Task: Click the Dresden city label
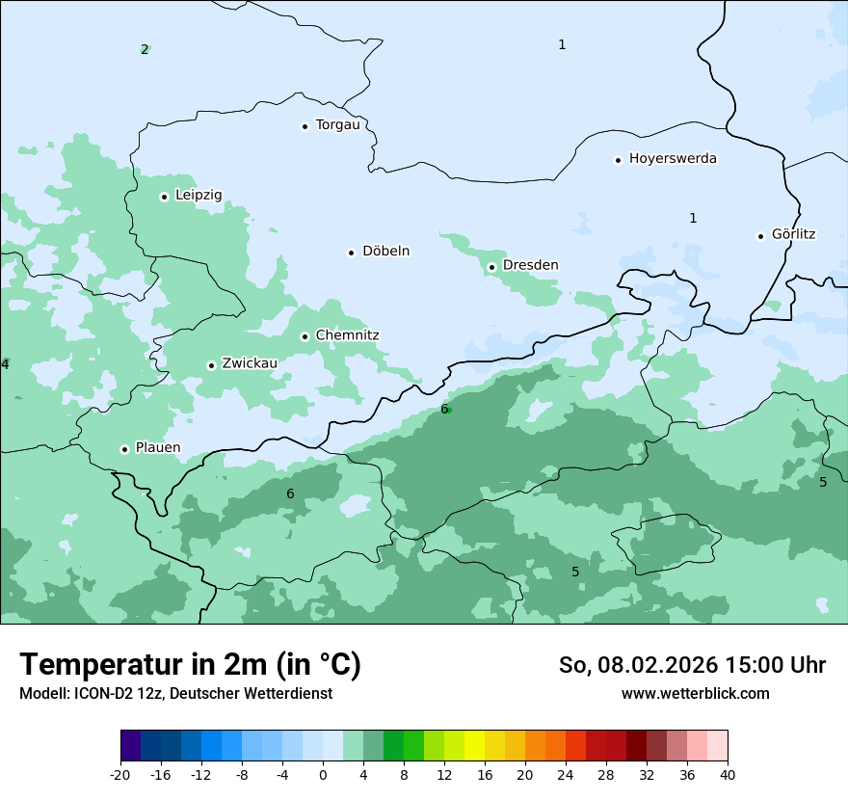pos(530,265)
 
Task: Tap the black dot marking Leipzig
pos(165,197)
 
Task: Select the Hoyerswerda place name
pos(673,158)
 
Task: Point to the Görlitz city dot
pos(761,236)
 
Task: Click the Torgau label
pos(337,124)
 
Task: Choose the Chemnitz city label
pos(347,335)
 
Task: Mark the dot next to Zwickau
pos(212,365)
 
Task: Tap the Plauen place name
pos(157,447)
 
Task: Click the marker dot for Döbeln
pos(352,253)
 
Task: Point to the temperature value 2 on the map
pos(145,49)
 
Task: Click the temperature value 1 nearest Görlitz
pos(693,218)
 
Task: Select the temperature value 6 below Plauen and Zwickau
pos(290,493)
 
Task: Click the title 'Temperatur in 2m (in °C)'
pos(190,664)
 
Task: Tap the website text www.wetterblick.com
pos(695,693)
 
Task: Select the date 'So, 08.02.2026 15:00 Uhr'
pos(692,665)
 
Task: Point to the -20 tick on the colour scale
pos(120,774)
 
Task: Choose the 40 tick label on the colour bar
pos(728,774)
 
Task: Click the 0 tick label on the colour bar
pos(323,774)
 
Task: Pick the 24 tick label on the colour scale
pos(566,774)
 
